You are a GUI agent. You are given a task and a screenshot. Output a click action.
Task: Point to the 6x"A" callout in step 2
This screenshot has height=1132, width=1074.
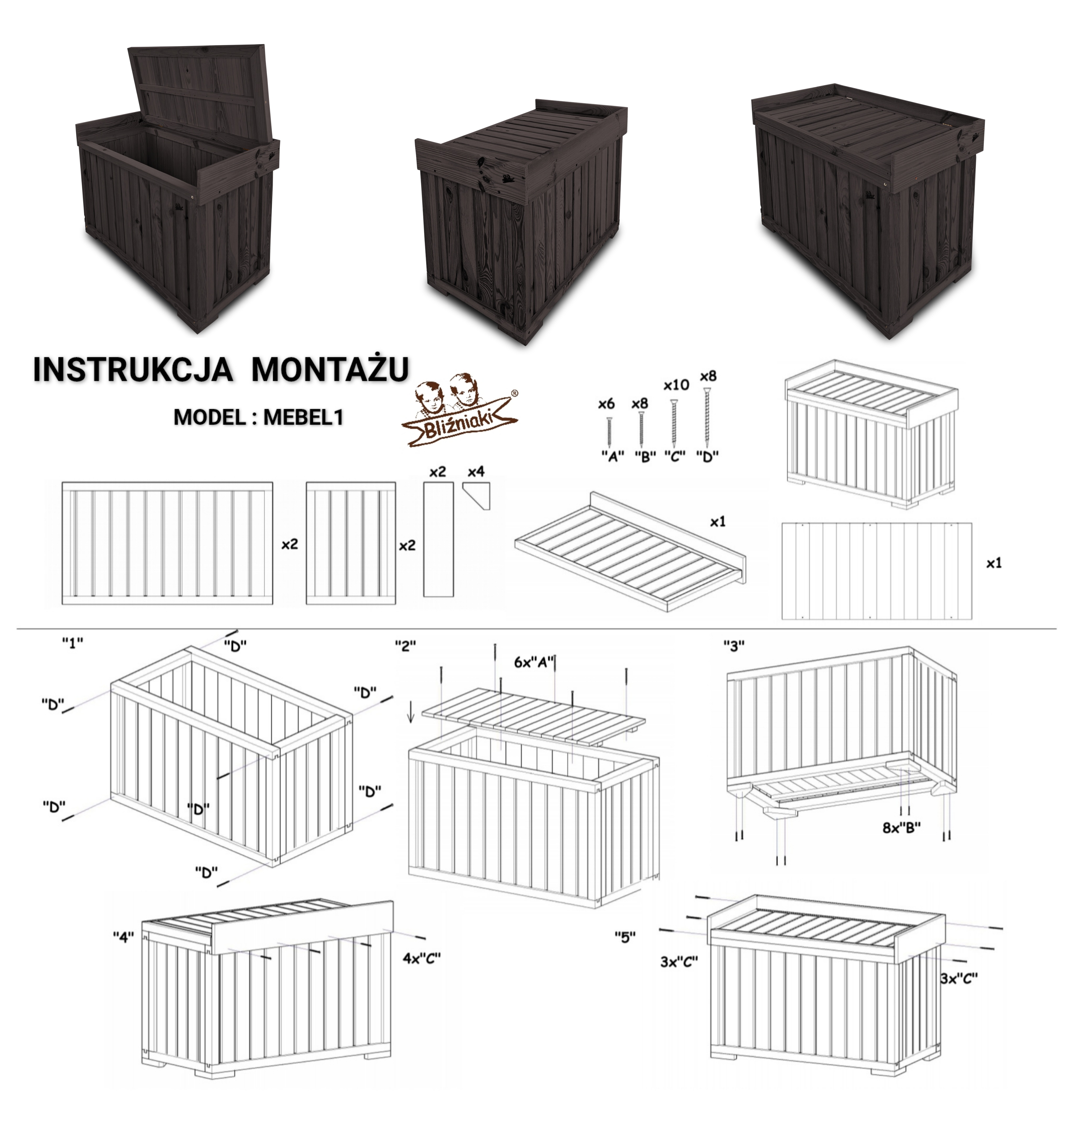click(x=534, y=662)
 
